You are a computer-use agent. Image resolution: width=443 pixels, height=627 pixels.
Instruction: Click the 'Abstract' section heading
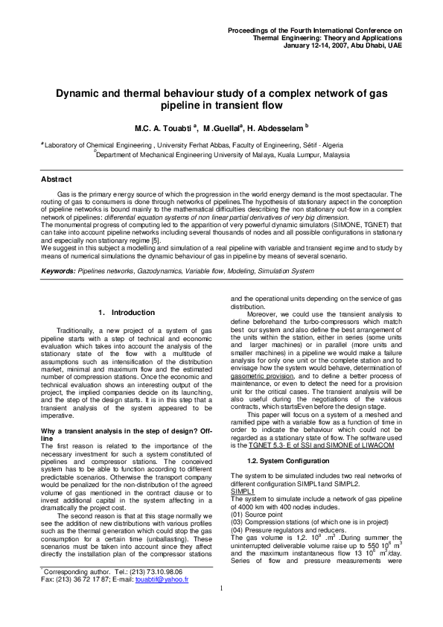point(56,179)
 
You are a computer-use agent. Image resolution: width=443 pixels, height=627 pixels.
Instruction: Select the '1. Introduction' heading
point(127,312)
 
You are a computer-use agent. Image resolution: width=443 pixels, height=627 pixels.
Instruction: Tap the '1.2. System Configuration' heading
point(285,442)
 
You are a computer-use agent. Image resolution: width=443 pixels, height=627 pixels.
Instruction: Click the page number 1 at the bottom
point(221,610)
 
